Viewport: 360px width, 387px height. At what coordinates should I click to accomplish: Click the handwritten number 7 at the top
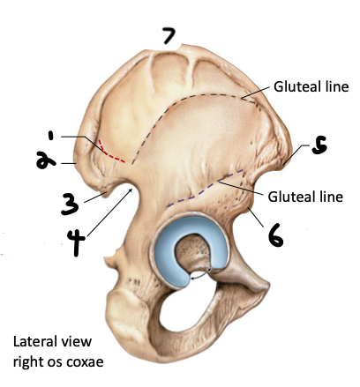click(168, 37)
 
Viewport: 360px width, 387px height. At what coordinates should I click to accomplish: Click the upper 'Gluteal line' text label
click(311, 86)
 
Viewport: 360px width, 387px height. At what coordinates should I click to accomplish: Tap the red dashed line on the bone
click(111, 153)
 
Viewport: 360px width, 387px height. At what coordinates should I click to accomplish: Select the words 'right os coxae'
click(57, 361)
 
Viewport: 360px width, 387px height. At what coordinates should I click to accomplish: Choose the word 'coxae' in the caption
click(85, 361)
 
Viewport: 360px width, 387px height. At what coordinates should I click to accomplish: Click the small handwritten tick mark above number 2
click(53, 137)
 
